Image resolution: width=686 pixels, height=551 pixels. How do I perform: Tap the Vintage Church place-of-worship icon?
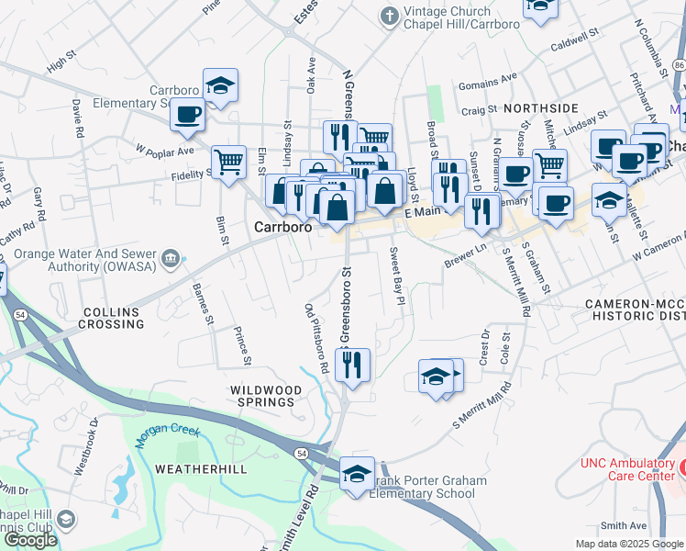click(389, 17)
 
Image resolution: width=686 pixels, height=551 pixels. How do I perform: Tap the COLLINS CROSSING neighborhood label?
click(112, 318)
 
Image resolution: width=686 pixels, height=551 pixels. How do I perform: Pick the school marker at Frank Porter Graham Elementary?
click(357, 475)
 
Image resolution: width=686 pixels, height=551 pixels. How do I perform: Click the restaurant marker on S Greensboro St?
click(352, 365)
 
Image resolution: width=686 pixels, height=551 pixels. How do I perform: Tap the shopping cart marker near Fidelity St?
click(228, 163)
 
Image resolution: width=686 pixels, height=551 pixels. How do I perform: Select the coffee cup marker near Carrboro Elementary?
click(186, 115)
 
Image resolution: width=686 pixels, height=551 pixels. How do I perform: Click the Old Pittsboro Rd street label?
click(316, 337)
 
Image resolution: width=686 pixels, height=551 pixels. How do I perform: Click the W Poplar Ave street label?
click(165, 150)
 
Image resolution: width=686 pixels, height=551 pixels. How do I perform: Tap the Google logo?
click(30, 539)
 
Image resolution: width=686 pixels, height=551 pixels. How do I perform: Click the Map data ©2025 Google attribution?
click(629, 544)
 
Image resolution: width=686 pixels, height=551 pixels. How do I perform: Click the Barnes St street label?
click(202, 304)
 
